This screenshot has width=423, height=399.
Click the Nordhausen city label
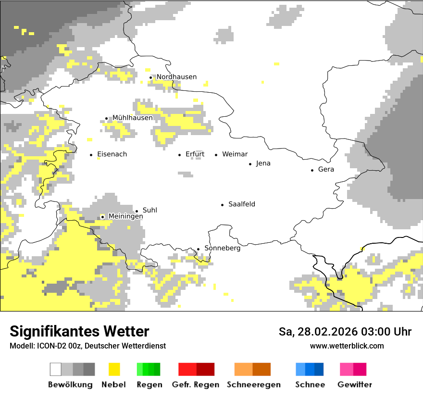(x=176, y=77)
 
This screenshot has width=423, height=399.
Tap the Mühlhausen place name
(x=132, y=118)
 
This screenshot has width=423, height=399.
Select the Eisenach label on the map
(x=112, y=154)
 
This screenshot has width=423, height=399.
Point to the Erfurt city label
(x=195, y=154)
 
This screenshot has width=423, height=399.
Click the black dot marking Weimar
(x=216, y=155)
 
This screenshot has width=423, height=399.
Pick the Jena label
(x=263, y=163)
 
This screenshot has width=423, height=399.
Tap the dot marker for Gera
(x=312, y=170)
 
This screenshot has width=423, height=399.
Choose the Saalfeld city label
(x=241, y=204)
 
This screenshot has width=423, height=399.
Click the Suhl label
(x=149, y=211)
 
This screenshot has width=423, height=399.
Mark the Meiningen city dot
(x=102, y=217)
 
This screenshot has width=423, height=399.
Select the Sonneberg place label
(x=222, y=248)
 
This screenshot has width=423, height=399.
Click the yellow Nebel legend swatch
(x=114, y=369)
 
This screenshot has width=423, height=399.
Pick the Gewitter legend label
(x=354, y=385)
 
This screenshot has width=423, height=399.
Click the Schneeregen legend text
(x=253, y=385)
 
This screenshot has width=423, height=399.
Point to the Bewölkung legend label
(x=70, y=385)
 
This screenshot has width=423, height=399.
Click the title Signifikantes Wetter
(x=79, y=332)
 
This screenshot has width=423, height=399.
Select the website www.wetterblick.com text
(x=347, y=346)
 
